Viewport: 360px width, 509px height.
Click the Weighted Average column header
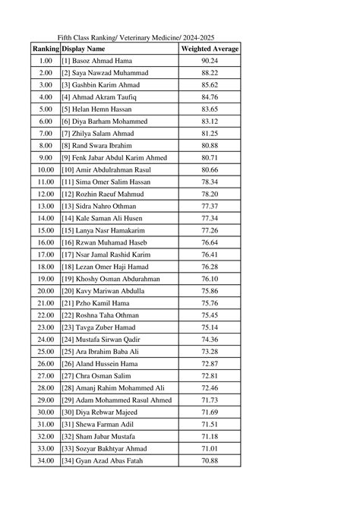210,49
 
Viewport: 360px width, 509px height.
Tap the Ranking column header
46,49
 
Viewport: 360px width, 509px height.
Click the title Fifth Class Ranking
134,36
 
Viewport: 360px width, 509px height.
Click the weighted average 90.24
210,61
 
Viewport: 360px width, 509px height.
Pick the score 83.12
210,122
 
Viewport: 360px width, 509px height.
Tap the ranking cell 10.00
46,170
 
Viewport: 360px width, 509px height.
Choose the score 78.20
210,194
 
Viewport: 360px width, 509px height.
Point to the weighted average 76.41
210,254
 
